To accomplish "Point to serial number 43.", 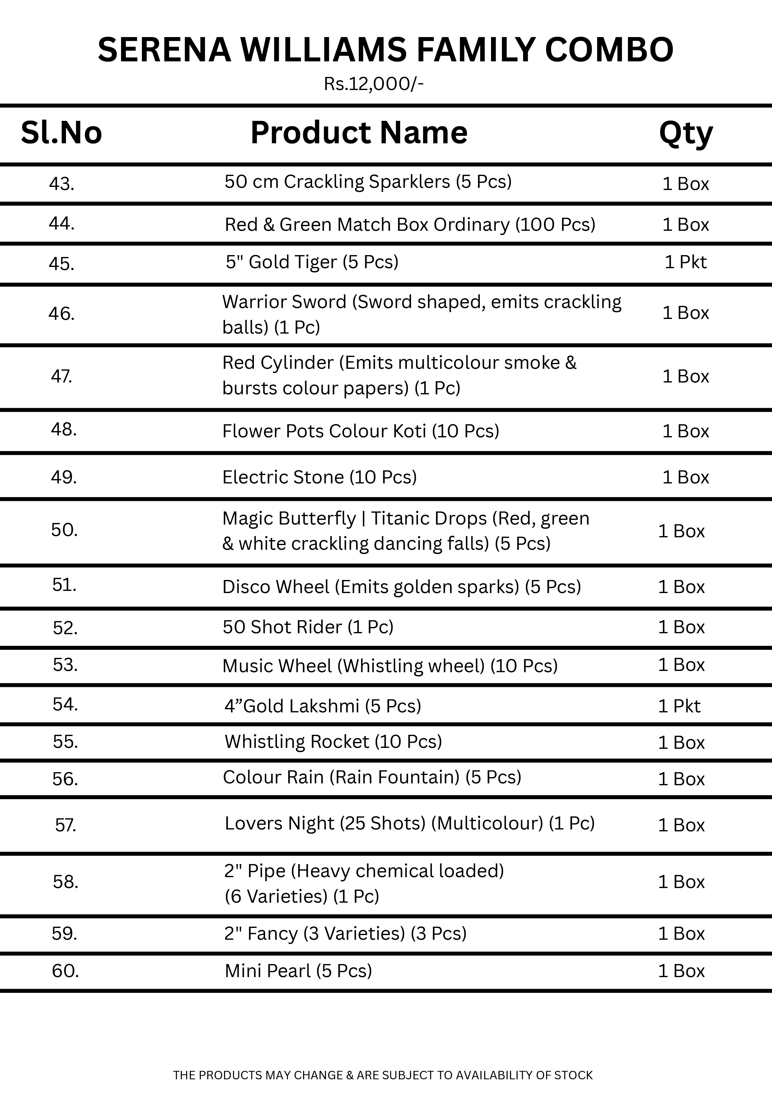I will (62, 184).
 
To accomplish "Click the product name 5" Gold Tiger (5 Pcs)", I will (312, 262).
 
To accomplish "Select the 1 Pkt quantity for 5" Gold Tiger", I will (685, 262).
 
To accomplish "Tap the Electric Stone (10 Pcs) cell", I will (319, 477).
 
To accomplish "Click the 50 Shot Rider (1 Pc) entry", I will (308, 627).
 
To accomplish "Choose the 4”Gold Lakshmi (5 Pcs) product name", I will (322, 706).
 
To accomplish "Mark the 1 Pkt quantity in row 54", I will (679, 706).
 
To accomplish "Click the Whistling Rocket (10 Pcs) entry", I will (333, 742).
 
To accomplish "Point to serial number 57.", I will (66, 825).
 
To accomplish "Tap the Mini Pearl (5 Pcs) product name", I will (298, 971).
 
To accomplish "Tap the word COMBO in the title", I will (609, 50).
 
